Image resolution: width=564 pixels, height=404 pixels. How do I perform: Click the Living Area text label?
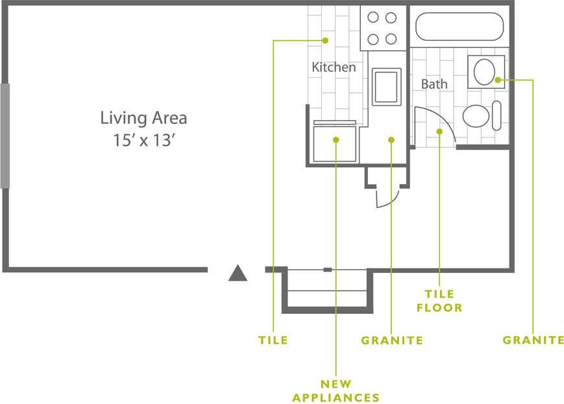[143, 118]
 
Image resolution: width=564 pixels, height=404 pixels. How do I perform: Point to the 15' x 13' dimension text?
[143, 141]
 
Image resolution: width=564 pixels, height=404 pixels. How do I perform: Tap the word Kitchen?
[334, 67]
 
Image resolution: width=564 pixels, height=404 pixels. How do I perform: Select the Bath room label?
[434, 84]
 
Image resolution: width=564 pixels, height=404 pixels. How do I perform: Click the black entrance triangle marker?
[238, 274]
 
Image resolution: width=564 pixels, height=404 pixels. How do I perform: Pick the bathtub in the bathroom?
[459, 27]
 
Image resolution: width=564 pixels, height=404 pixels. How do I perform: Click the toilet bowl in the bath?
[477, 116]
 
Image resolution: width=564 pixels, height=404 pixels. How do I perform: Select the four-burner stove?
[382, 29]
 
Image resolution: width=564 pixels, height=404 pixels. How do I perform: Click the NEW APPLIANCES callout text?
[336, 390]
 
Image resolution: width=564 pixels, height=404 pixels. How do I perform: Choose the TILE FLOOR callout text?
[439, 302]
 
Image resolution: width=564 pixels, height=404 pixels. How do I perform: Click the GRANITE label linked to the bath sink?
[533, 340]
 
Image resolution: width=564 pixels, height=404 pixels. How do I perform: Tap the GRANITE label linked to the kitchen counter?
[392, 340]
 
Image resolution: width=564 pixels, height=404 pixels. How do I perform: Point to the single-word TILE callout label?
[273, 340]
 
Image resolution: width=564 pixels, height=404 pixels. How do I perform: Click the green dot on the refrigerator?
[336, 139]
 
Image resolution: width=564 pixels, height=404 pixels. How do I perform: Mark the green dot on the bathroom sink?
[497, 80]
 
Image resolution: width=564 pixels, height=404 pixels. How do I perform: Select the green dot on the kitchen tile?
[325, 40]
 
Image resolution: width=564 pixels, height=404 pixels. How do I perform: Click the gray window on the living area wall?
[5, 136]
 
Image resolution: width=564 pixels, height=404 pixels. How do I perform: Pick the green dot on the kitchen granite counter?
[391, 139]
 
